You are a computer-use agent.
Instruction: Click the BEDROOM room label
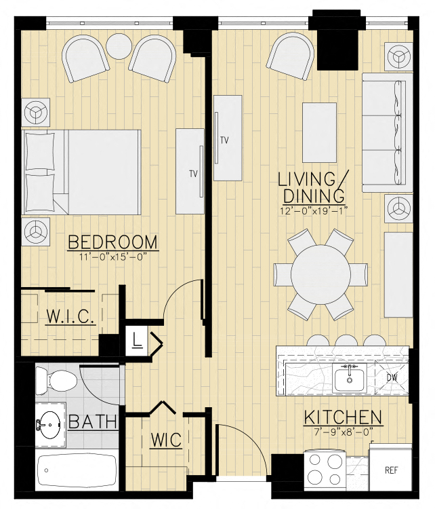pyautogui.click(x=112, y=242)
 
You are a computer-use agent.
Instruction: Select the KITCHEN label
pyautogui.click(x=342, y=417)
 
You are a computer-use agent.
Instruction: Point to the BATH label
pyautogui.click(x=92, y=422)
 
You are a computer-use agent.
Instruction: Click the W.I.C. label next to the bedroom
pyautogui.click(x=69, y=316)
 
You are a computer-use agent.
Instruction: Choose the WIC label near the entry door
pyautogui.click(x=166, y=440)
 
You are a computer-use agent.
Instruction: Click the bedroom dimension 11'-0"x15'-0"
pyautogui.click(x=112, y=257)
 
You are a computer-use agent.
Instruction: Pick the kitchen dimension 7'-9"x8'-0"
pyautogui.click(x=342, y=431)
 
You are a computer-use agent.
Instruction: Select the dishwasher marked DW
pyautogui.click(x=392, y=377)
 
